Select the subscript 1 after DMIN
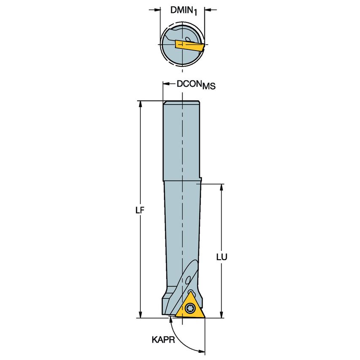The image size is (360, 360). point(195,13)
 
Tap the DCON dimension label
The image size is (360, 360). point(189,84)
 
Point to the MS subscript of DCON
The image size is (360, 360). point(209,86)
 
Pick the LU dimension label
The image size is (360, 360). point(222,256)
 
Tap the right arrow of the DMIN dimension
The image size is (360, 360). point(208,9)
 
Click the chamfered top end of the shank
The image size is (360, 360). point(181,102)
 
